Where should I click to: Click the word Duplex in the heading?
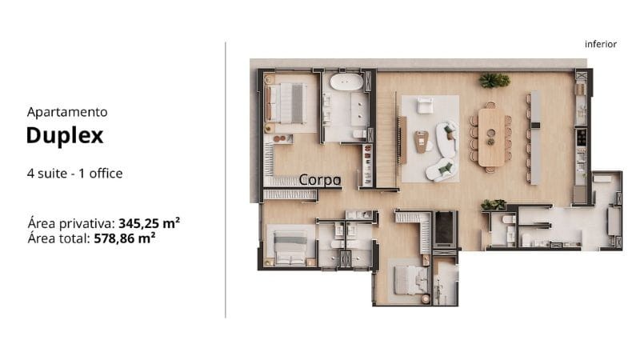(65, 135)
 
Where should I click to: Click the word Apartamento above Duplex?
(67, 112)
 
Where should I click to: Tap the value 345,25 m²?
(149, 223)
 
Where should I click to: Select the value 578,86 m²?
(125, 238)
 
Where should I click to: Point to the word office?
(106, 173)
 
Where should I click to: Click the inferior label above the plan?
(601, 44)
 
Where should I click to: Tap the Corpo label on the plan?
(320, 180)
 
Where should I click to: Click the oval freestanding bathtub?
(346, 82)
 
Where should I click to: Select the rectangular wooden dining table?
(491, 137)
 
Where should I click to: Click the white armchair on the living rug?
(425, 105)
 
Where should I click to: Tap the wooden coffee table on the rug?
(421, 142)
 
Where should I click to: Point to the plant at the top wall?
(494, 81)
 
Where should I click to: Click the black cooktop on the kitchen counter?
(581, 137)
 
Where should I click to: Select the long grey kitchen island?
(535, 138)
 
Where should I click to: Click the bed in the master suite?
(286, 103)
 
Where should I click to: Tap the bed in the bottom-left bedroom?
(290, 248)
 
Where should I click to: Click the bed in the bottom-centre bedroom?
(411, 280)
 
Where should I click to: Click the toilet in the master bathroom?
(359, 134)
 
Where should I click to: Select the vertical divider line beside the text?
(226, 180)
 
